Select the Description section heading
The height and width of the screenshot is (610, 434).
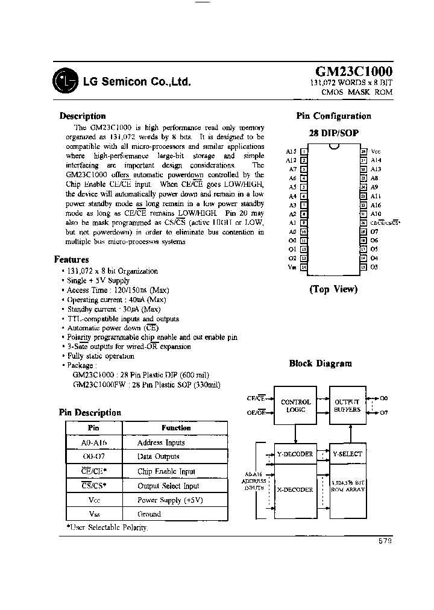click(83, 116)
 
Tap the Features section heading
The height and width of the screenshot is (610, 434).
click(72, 260)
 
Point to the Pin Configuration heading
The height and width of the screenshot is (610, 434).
click(333, 116)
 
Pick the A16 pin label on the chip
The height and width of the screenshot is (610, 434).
click(376, 204)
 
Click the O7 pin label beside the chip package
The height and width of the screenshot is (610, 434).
click(374, 231)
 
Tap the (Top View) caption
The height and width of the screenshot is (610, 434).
click(333, 289)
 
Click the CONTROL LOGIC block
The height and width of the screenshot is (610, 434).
click(296, 406)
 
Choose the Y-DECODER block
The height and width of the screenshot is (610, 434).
click(295, 454)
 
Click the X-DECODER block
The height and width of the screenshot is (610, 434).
click(295, 489)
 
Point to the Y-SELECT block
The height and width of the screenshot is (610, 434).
click(347, 454)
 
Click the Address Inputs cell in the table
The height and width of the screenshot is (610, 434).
click(161, 442)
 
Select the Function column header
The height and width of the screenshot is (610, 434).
click(175, 428)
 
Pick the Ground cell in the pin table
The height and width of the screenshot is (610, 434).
click(149, 514)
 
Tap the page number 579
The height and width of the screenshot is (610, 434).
click(385, 541)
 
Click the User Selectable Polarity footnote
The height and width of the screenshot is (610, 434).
click(106, 527)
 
